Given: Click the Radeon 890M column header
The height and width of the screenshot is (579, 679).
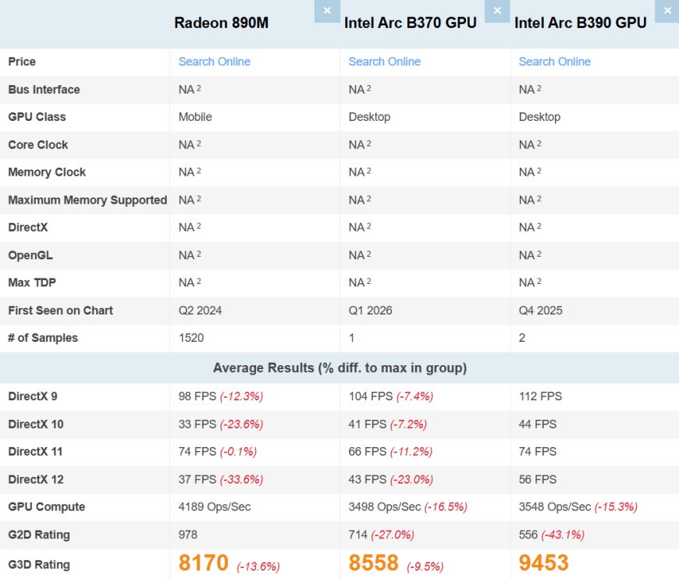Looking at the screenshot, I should tap(221, 23).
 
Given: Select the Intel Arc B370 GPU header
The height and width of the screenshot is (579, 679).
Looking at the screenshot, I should tap(410, 23).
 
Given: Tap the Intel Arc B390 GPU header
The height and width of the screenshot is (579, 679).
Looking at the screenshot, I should tap(580, 23).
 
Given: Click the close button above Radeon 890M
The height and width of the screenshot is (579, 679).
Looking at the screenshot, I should tap(327, 10).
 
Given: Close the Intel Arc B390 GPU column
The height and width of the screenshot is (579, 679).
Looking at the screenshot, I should tap(667, 10).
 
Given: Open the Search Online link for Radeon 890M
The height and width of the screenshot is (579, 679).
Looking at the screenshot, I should tap(214, 62).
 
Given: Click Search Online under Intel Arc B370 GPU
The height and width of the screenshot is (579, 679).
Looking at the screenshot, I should tap(384, 62).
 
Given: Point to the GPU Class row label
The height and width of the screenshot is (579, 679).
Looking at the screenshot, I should tap(37, 117).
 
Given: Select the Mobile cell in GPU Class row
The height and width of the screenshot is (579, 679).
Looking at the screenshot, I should tap(195, 117).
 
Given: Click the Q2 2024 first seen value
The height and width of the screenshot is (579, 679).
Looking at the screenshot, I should tap(200, 311).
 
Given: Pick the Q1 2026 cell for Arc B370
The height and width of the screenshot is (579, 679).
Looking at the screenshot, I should tap(370, 311).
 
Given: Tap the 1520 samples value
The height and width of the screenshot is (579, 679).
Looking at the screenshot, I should tap(191, 338).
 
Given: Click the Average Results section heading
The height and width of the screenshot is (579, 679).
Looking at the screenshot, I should tap(339, 368).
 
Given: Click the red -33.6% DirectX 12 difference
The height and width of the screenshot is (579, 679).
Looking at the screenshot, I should tap(241, 479).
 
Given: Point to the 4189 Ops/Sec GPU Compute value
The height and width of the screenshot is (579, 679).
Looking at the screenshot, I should tap(215, 507).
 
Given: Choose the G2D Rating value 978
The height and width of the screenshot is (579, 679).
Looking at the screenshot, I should tap(188, 535).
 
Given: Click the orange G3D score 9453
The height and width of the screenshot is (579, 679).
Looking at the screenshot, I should tap(543, 563).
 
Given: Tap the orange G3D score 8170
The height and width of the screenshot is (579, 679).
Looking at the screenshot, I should tap(203, 563).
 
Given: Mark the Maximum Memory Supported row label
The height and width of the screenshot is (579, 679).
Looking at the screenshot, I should tap(87, 200).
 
